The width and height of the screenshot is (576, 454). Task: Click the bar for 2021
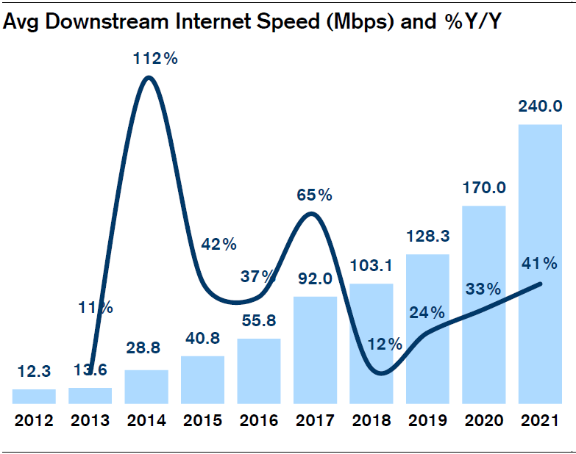click(x=540, y=264)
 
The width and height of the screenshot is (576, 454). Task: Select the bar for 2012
click(x=34, y=397)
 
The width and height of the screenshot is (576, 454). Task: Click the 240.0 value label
click(x=540, y=107)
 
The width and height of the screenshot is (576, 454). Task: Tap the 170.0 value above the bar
click(x=483, y=188)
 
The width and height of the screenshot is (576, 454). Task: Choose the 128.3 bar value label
click(x=427, y=237)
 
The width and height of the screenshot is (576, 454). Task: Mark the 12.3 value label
click(x=34, y=372)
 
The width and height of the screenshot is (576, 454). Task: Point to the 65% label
click(x=315, y=195)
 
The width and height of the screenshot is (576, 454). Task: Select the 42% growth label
click(x=218, y=244)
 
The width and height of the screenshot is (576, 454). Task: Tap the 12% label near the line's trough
click(x=385, y=344)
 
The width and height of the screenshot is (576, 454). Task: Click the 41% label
click(x=540, y=263)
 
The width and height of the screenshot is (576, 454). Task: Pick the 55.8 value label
click(x=258, y=320)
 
